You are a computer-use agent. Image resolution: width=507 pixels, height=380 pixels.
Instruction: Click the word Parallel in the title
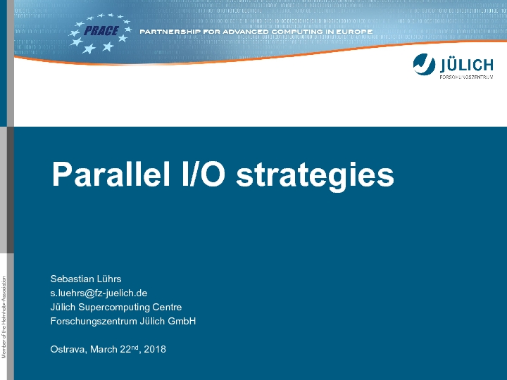coord(111,174)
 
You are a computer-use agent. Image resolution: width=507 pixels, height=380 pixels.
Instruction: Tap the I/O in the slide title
coord(204,174)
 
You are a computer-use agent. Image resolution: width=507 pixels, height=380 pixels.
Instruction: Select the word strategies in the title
coord(315,175)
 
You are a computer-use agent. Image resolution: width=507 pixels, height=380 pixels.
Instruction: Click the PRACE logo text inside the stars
coord(101,31)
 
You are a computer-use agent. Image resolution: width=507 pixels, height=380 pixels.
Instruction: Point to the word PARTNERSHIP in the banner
coord(170,32)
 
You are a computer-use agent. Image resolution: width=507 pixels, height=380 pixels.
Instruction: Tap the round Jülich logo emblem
coord(424,64)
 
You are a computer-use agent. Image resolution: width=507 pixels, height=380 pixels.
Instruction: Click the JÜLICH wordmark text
coord(466,65)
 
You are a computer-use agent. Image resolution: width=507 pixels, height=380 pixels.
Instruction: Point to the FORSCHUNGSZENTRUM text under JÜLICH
coord(466,77)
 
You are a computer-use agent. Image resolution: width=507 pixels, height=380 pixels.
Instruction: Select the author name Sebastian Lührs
coord(86,279)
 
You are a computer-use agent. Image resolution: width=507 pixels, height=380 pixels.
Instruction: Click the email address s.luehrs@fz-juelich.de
coord(99,293)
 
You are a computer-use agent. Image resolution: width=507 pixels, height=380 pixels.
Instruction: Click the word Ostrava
coord(68,349)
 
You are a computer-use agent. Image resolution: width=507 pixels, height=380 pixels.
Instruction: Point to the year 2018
coord(155,349)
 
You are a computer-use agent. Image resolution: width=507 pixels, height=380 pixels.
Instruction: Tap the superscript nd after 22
coord(134,347)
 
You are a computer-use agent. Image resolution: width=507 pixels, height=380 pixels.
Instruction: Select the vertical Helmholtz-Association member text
coord(4,317)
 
